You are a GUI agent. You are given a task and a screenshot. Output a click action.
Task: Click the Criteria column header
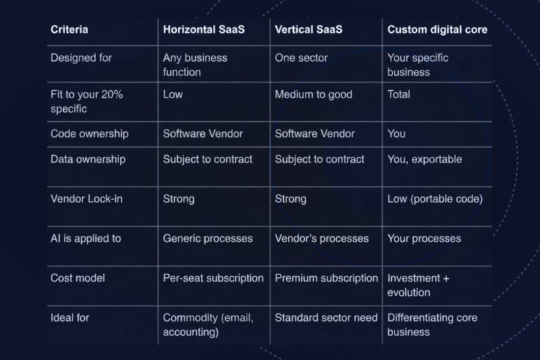(70, 30)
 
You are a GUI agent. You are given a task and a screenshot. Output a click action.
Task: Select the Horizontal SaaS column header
(204, 30)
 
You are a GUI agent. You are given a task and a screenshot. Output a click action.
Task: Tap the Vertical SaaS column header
(308, 30)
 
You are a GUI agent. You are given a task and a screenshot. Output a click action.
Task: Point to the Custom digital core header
(437, 30)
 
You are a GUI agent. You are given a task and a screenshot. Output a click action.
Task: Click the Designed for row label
(81, 58)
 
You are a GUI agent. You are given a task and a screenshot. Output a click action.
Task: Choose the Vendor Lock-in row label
(86, 199)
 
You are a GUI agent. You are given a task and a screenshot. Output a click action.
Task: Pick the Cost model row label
(78, 278)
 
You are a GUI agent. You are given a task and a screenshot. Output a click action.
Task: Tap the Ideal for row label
(70, 317)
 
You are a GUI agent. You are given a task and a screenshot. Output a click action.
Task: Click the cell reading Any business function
(195, 65)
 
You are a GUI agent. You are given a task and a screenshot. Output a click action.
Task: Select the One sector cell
(301, 58)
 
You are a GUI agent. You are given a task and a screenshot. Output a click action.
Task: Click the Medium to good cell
(313, 95)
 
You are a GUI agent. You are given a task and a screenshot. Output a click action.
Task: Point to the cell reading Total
(399, 95)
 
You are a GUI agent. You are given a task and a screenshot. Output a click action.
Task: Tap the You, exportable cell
(425, 159)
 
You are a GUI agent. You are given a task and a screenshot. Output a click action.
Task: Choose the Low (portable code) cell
(435, 199)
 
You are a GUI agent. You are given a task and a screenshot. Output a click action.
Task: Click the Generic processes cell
(208, 238)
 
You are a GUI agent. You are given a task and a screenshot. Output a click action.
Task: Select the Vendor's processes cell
(322, 238)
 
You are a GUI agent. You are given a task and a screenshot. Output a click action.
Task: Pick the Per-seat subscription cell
(213, 278)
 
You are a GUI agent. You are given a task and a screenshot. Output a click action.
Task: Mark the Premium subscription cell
(327, 278)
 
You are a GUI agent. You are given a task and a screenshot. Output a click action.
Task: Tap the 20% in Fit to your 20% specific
(112, 95)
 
